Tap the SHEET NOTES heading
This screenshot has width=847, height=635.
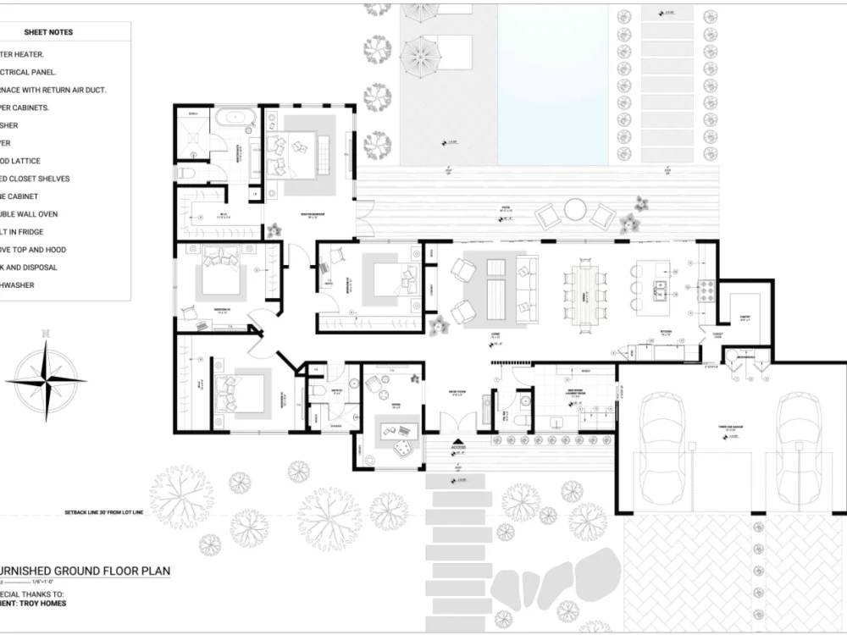pyautogui.click(x=54, y=32)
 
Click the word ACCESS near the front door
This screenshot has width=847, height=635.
pyautogui.click(x=458, y=449)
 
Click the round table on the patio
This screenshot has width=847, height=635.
pyautogui.click(x=576, y=209)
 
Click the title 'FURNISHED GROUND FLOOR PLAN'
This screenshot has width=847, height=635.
pyautogui.click(x=85, y=571)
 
